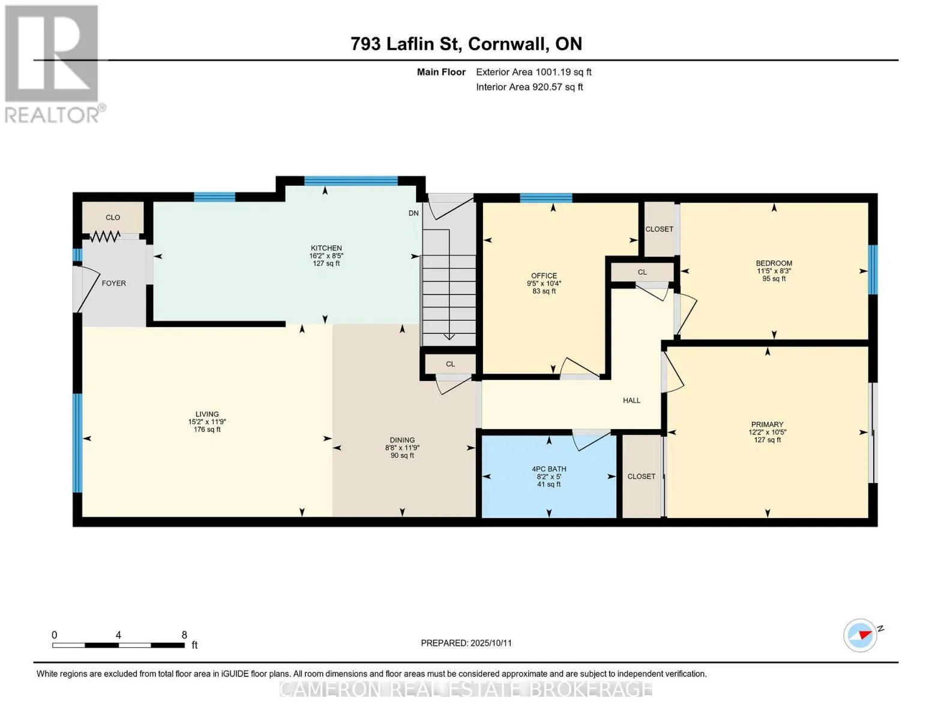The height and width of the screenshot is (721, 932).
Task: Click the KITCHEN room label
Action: [326, 248]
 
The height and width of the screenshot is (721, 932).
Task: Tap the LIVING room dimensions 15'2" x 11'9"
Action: [206, 422]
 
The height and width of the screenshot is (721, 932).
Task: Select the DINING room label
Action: [402, 440]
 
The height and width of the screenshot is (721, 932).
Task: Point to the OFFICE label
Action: [544, 275]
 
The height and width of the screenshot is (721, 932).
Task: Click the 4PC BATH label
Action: [549, 469]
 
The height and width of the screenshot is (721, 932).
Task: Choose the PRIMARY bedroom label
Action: [767, 424]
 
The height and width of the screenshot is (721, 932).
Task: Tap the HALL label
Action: [631, 400]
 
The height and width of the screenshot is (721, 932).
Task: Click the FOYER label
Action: [113, 283]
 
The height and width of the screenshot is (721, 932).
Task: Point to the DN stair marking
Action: [413, 213]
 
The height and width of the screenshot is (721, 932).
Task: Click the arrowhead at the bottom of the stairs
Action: [449, 336]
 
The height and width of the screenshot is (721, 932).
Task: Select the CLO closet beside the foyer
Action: [113, 218]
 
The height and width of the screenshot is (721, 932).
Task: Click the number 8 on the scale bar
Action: [184, 634]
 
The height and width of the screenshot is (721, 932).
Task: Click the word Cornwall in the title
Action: [508, 44]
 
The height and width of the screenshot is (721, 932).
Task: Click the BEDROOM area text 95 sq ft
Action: [774, 278]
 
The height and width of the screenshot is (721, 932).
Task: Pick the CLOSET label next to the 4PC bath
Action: [641, 476]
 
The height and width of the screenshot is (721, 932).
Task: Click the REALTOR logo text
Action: [52, 115]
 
